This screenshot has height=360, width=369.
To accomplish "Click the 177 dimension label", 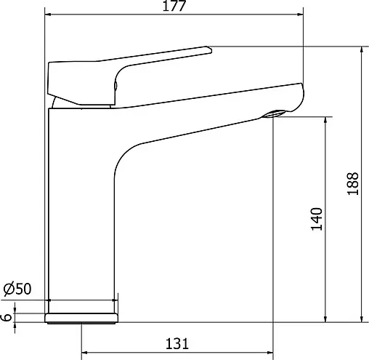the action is click(174, 6).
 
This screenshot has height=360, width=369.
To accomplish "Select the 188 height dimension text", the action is click(353, 183).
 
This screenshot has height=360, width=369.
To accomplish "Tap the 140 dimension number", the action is click(317, 219).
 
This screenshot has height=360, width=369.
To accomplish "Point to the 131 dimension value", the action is click(177, 343).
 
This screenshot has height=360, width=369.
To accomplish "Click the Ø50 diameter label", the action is click(17, 289).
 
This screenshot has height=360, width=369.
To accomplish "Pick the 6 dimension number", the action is click(6, 317).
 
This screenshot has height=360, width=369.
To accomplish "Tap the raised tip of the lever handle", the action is click(208, 49).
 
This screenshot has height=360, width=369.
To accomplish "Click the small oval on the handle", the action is click(115, 86).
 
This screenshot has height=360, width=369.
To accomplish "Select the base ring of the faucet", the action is click(81, 318).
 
